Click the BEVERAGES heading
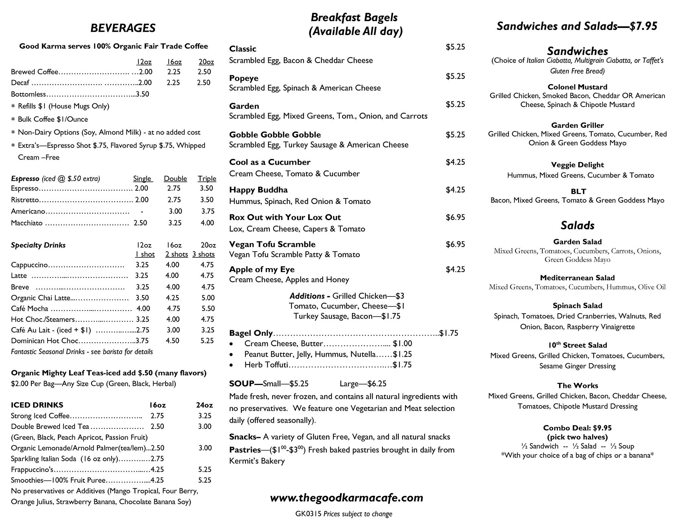123,28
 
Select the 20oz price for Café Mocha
208,308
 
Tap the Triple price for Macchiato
207,223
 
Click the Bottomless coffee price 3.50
143,94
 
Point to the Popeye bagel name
244,78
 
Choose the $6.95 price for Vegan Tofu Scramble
455,244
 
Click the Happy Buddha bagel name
258,190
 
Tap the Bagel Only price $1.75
449,333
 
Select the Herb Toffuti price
402,365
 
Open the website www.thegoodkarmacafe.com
346,498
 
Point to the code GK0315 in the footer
308,514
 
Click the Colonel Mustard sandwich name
577,87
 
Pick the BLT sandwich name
578,191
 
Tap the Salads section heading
577,226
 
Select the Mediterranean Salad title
577,278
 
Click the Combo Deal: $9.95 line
577,428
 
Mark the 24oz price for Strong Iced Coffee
205,416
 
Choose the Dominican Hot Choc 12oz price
142,341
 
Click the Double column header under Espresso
175,179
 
